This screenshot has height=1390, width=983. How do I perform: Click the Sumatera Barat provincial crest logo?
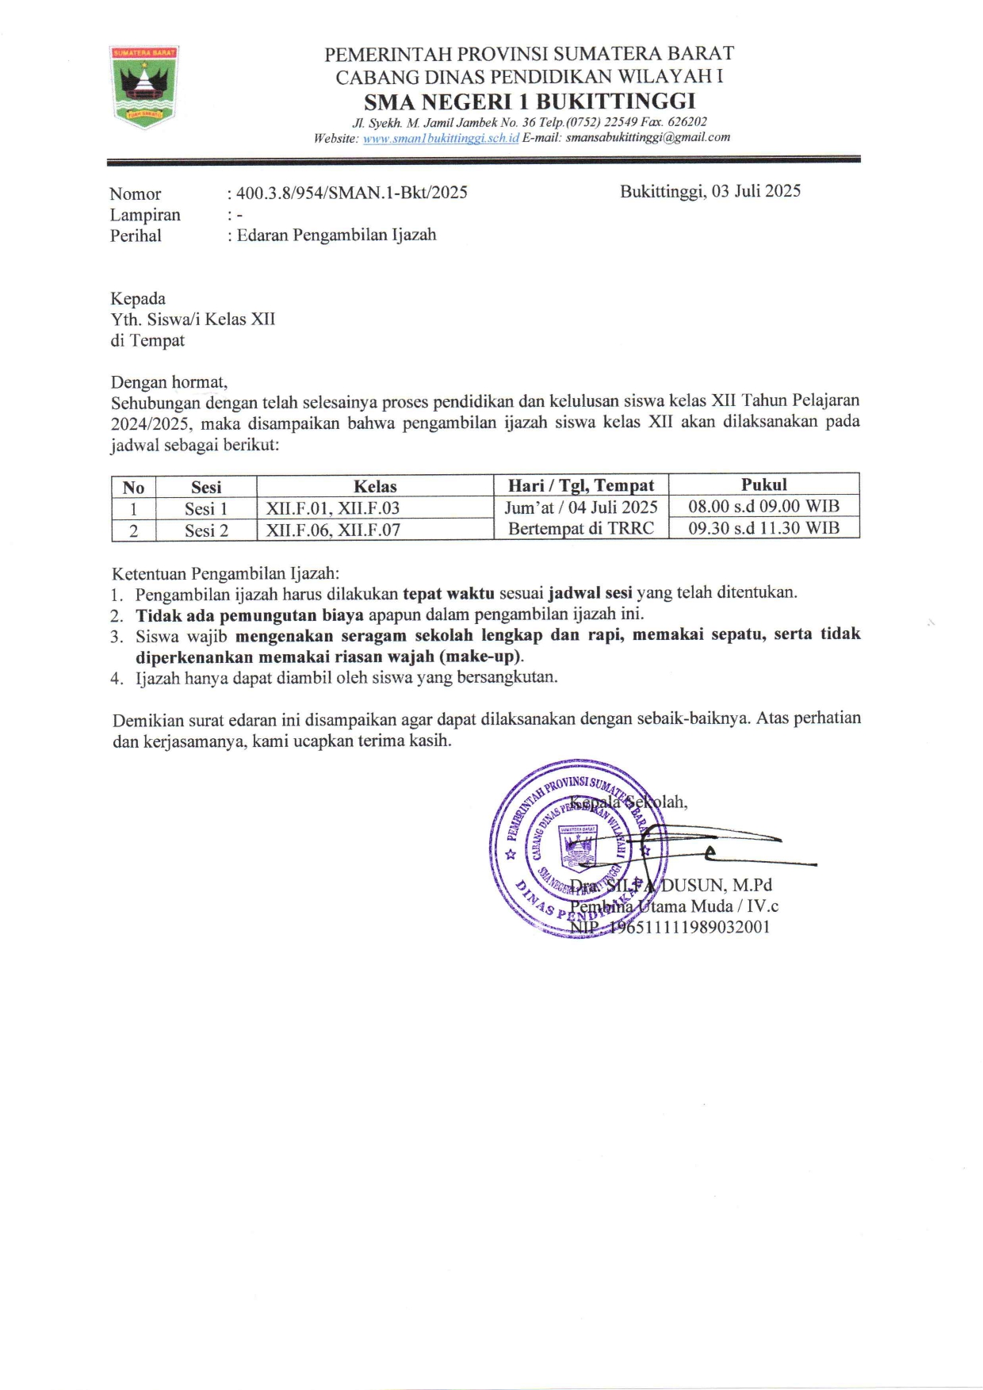tap(143, 86)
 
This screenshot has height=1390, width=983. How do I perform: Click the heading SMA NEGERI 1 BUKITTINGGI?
tap(529, 101)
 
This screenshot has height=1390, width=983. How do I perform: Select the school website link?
tap(441, 138)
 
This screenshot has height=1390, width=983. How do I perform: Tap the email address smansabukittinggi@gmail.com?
tap(648, 137)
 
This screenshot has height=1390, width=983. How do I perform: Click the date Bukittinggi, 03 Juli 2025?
tap(710, 191)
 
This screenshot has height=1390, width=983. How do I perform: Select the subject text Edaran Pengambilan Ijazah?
tap(336, 235)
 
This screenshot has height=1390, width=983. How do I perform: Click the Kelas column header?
tap(375, 486)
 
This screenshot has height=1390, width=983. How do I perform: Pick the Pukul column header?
tap(763, 484)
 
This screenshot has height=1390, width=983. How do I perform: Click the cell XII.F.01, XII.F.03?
tap(333, 508)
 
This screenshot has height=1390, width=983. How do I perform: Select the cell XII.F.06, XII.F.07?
tap(333, 530)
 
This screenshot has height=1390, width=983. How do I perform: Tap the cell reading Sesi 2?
tap(206, 530)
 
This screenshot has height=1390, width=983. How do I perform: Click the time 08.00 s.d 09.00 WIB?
tap(763, 506)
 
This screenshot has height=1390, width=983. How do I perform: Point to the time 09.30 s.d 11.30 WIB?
tap(763, 528)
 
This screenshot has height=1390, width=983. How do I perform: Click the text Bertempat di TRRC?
tap(581, 528)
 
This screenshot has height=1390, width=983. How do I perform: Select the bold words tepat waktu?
tap(448, 593)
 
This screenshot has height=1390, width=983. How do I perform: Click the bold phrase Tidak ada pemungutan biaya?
tap(250, 615)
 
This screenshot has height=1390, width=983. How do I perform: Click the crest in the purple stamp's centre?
tap(578, 848)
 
